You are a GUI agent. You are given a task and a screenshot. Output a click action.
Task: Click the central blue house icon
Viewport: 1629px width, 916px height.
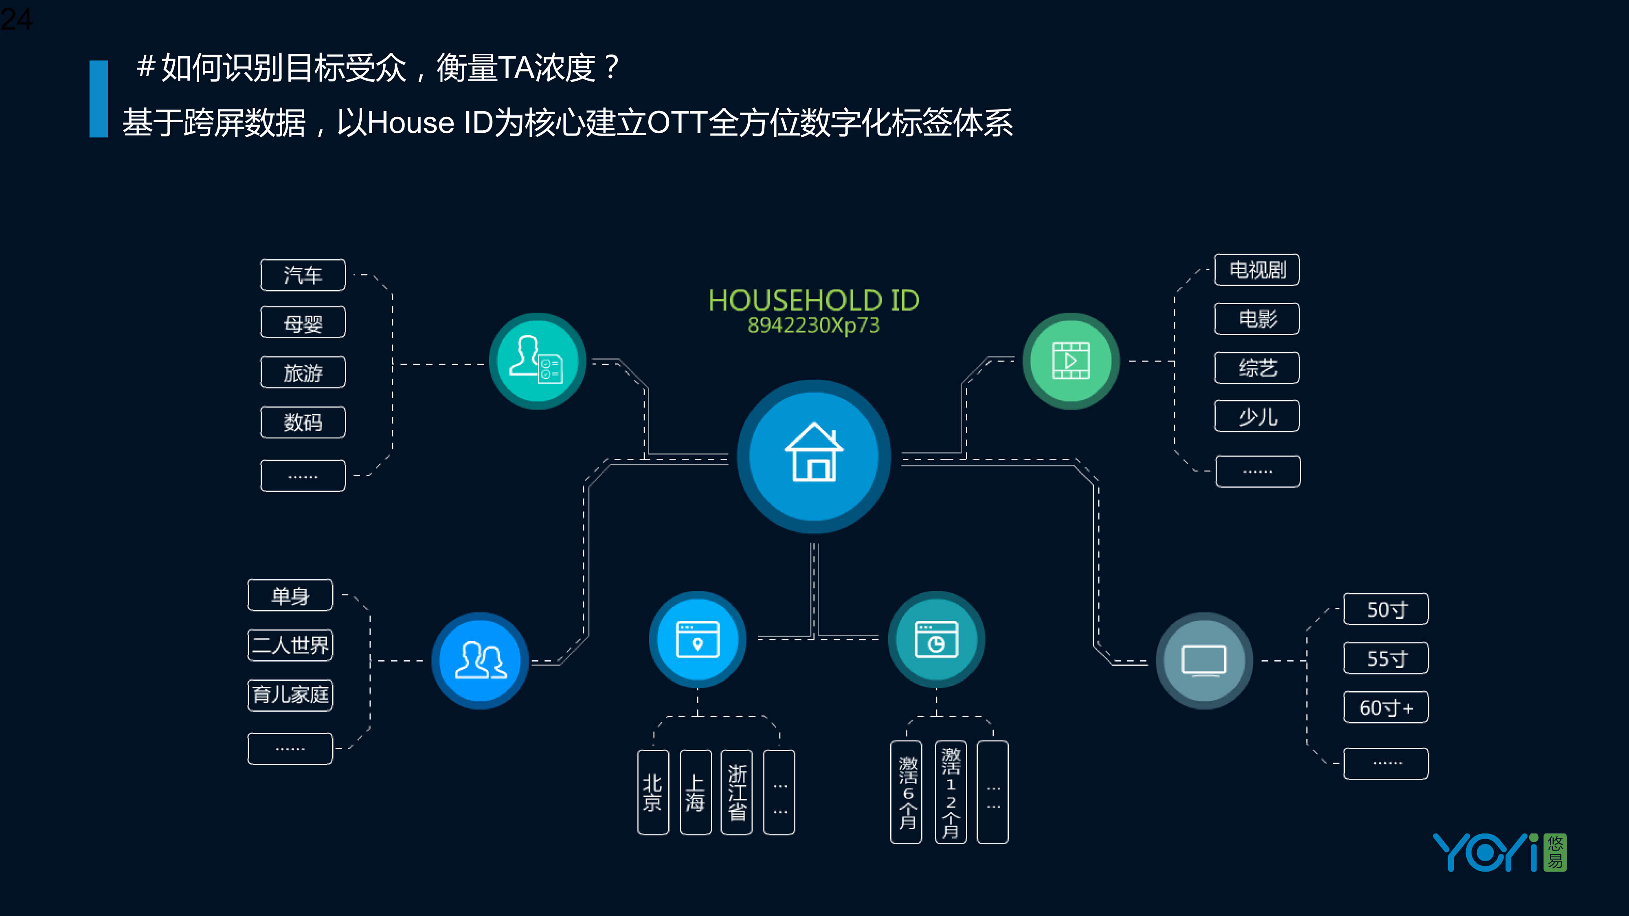[814, 456]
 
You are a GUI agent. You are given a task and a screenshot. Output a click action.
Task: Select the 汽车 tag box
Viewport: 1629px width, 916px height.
[303, 275]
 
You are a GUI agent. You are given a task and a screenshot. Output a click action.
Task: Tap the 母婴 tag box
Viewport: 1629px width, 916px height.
[303, 323]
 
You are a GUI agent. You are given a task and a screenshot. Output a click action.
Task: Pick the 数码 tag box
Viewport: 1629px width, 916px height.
[303, 422]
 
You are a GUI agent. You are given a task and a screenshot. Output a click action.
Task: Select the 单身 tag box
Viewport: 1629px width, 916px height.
[290, 596]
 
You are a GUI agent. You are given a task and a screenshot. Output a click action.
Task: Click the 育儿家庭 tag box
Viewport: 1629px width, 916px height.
[290, 695]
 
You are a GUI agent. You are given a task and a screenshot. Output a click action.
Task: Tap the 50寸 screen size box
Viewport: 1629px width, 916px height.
[1385, 609]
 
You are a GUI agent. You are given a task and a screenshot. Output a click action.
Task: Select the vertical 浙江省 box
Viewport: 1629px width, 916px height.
[737, 792]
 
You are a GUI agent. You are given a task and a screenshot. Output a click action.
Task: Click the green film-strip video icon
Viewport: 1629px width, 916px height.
[1071, 361]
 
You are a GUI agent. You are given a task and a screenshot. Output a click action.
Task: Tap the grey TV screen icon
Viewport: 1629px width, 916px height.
[1204, 661]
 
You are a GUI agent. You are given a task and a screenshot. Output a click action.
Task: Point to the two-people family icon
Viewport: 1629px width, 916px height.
[480, 661]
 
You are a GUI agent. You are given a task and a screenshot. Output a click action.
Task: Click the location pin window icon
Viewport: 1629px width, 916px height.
[698, 639]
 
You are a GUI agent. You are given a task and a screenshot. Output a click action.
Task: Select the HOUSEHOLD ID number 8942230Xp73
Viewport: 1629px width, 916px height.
[813, 325]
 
